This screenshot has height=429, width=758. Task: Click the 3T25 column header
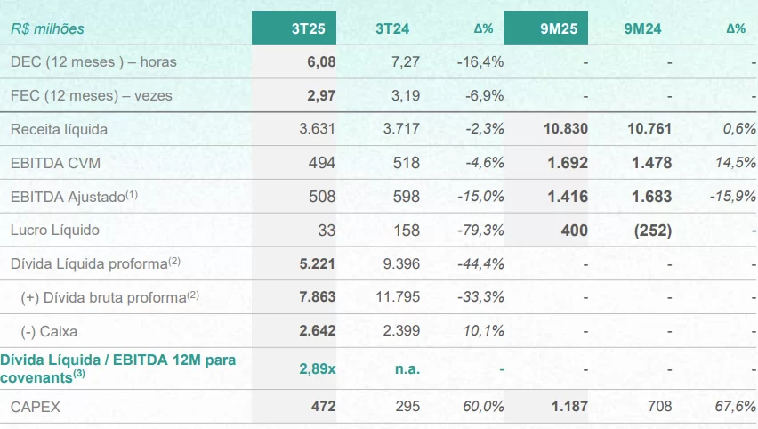pyautogui.click(x=308, y=28)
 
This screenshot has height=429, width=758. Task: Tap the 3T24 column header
pyautogui.click(x=391, y=28)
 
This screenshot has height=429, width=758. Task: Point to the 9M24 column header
pyautogui.click(x=642, y=28)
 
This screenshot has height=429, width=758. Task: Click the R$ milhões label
pyautogui.click(x=47, y=28)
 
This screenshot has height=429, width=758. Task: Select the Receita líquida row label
pyautogui.click(x=59, y=129)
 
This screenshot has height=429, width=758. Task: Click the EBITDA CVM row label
pyautogui.click(x=55, y=163)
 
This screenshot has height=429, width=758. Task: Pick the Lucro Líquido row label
pyautogui.click(x=55, y=230)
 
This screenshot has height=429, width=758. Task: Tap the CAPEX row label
pyautogui.click(x=35, y=406)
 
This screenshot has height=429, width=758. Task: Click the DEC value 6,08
pyautogui.click(x=320, y=61)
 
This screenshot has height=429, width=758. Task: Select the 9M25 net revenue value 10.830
pyautogui.click(x=565, y=129)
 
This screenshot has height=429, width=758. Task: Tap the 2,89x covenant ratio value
pyautogui.click(x=317, y=368)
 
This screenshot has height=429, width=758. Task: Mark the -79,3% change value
pyautogui.click(x=480, y=230)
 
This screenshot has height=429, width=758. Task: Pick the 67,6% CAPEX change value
pyautogui.click(x=735, y=406)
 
